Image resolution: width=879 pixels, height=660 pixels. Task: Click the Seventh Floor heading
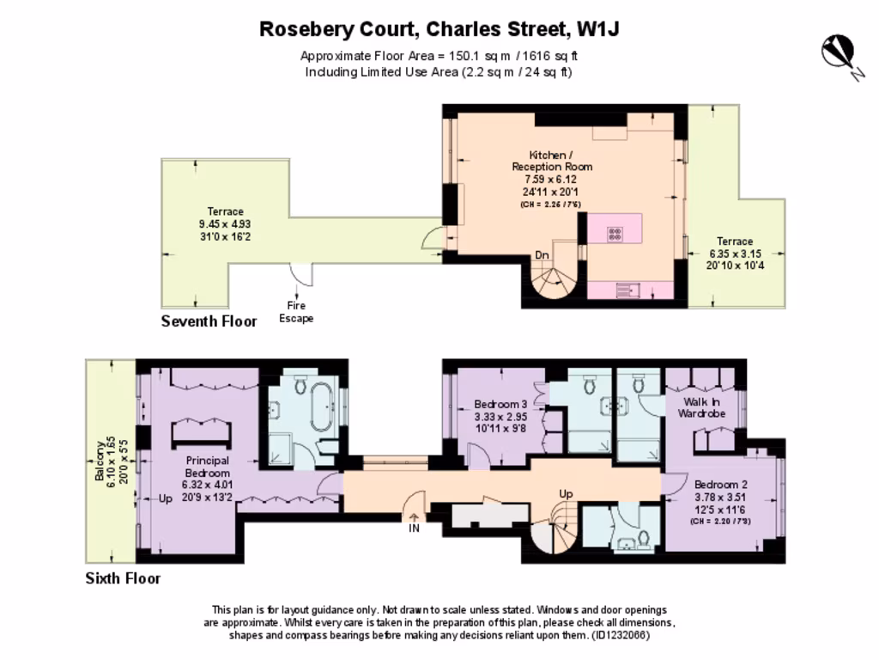coord(209,322)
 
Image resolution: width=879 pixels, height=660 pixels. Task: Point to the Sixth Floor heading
coord(123,578)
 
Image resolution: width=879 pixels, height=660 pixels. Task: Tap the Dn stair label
coord(543,254)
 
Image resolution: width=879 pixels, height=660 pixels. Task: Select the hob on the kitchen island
coord(615,231)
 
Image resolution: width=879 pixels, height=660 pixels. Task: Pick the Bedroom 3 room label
coord(500,405)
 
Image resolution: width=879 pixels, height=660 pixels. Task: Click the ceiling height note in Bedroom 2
coord(720,521)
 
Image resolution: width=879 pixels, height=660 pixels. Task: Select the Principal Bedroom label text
coord(208,467)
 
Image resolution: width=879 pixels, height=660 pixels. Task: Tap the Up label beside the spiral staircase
coord(566,495)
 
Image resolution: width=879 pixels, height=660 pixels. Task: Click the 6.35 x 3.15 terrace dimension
coord(735,254)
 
